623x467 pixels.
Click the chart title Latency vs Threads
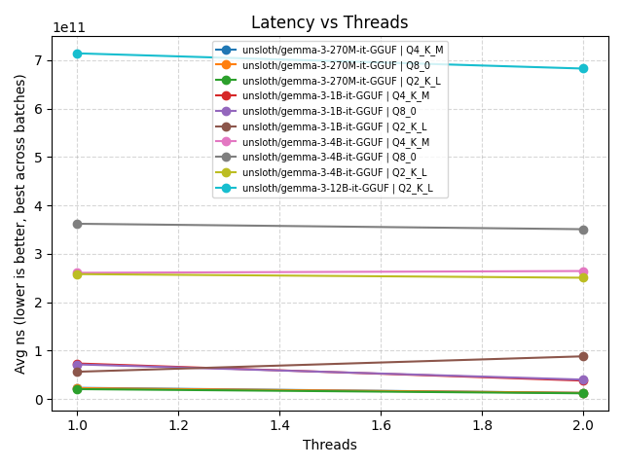point(329,22)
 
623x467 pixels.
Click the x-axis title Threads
point(329,445)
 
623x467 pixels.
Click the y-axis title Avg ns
point(20,224)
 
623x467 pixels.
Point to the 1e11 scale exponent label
point(68,28)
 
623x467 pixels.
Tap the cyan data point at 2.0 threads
point(583,68)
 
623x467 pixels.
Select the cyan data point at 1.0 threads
point(77,54)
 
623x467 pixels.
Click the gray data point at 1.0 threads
point(77,224)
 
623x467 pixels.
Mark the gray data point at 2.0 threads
point(583,230)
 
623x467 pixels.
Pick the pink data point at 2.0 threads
point(583,271)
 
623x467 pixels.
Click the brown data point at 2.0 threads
point(583,356)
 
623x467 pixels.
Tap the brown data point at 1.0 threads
point(77,372)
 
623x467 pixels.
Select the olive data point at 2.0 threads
point(583,277)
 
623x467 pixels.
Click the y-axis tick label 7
point(40,60)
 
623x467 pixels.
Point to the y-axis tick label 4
point(40,206)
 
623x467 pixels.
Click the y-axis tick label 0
point(40,400)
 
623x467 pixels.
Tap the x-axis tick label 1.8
point(482,425)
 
